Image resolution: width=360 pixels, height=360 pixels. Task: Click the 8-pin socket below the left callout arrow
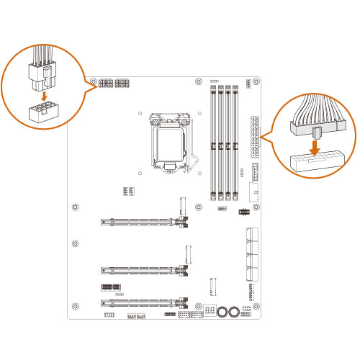44,113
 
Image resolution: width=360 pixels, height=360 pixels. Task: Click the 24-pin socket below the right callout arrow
314,163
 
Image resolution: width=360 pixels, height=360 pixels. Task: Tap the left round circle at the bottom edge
223,312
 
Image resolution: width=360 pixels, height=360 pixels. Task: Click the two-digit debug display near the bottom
210,310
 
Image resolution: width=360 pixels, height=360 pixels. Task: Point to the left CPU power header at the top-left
105,84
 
